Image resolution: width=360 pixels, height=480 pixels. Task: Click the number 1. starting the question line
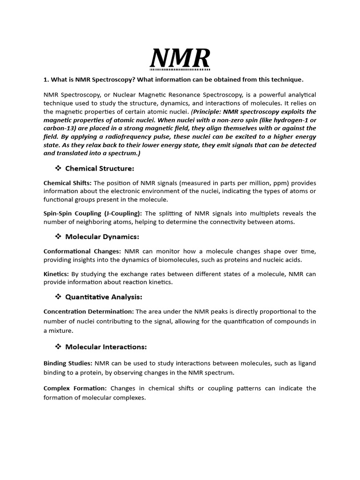click(46, 79)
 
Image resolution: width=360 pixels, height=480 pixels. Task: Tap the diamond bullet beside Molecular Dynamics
click(59, 236)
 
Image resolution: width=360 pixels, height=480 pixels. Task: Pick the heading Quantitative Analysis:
click(104, 297)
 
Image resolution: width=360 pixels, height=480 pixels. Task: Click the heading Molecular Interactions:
click(106, 347)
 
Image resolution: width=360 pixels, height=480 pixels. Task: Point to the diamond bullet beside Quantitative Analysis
click(59, 297)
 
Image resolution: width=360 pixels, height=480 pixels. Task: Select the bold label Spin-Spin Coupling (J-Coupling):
click(92, 213)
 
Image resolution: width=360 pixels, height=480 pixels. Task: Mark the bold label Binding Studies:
click(68, 363)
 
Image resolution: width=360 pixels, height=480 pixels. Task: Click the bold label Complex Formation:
click(75, 388)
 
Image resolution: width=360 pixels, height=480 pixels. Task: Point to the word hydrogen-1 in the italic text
click(291, 120)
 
